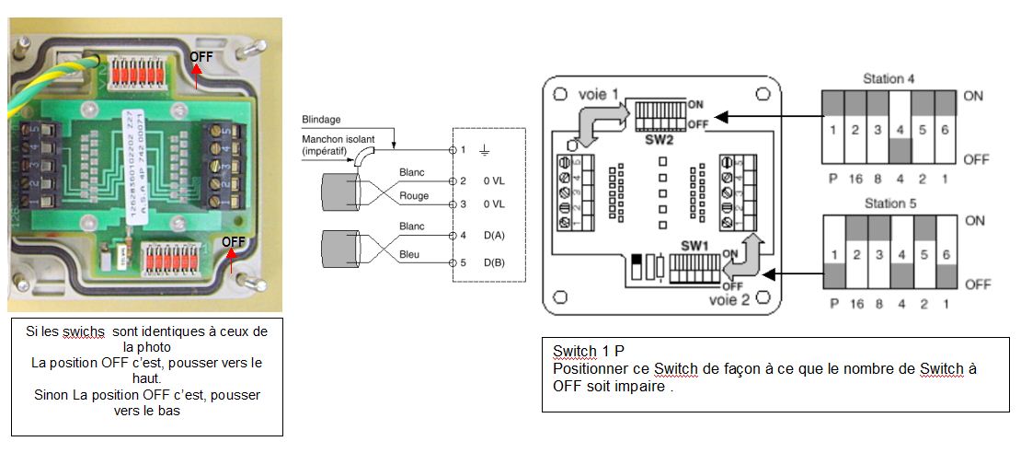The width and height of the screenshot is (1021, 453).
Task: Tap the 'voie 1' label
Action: tap(599, 94)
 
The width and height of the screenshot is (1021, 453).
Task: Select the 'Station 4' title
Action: tap(888, 79)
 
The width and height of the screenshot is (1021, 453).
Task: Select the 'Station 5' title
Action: tap(888, 203)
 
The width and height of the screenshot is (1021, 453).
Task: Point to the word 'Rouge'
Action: tap(414, 196)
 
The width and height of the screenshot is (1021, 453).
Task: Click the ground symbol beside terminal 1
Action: tap(484, 149)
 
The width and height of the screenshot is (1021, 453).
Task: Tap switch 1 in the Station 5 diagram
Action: tap(833, 253)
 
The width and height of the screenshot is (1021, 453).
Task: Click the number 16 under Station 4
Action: tap(855, 179)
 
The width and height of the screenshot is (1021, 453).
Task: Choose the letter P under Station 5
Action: tap(833, 303)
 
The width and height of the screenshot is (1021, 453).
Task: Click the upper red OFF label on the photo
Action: tap(200, 57)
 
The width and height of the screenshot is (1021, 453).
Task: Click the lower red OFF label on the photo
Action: tap(230, 241)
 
